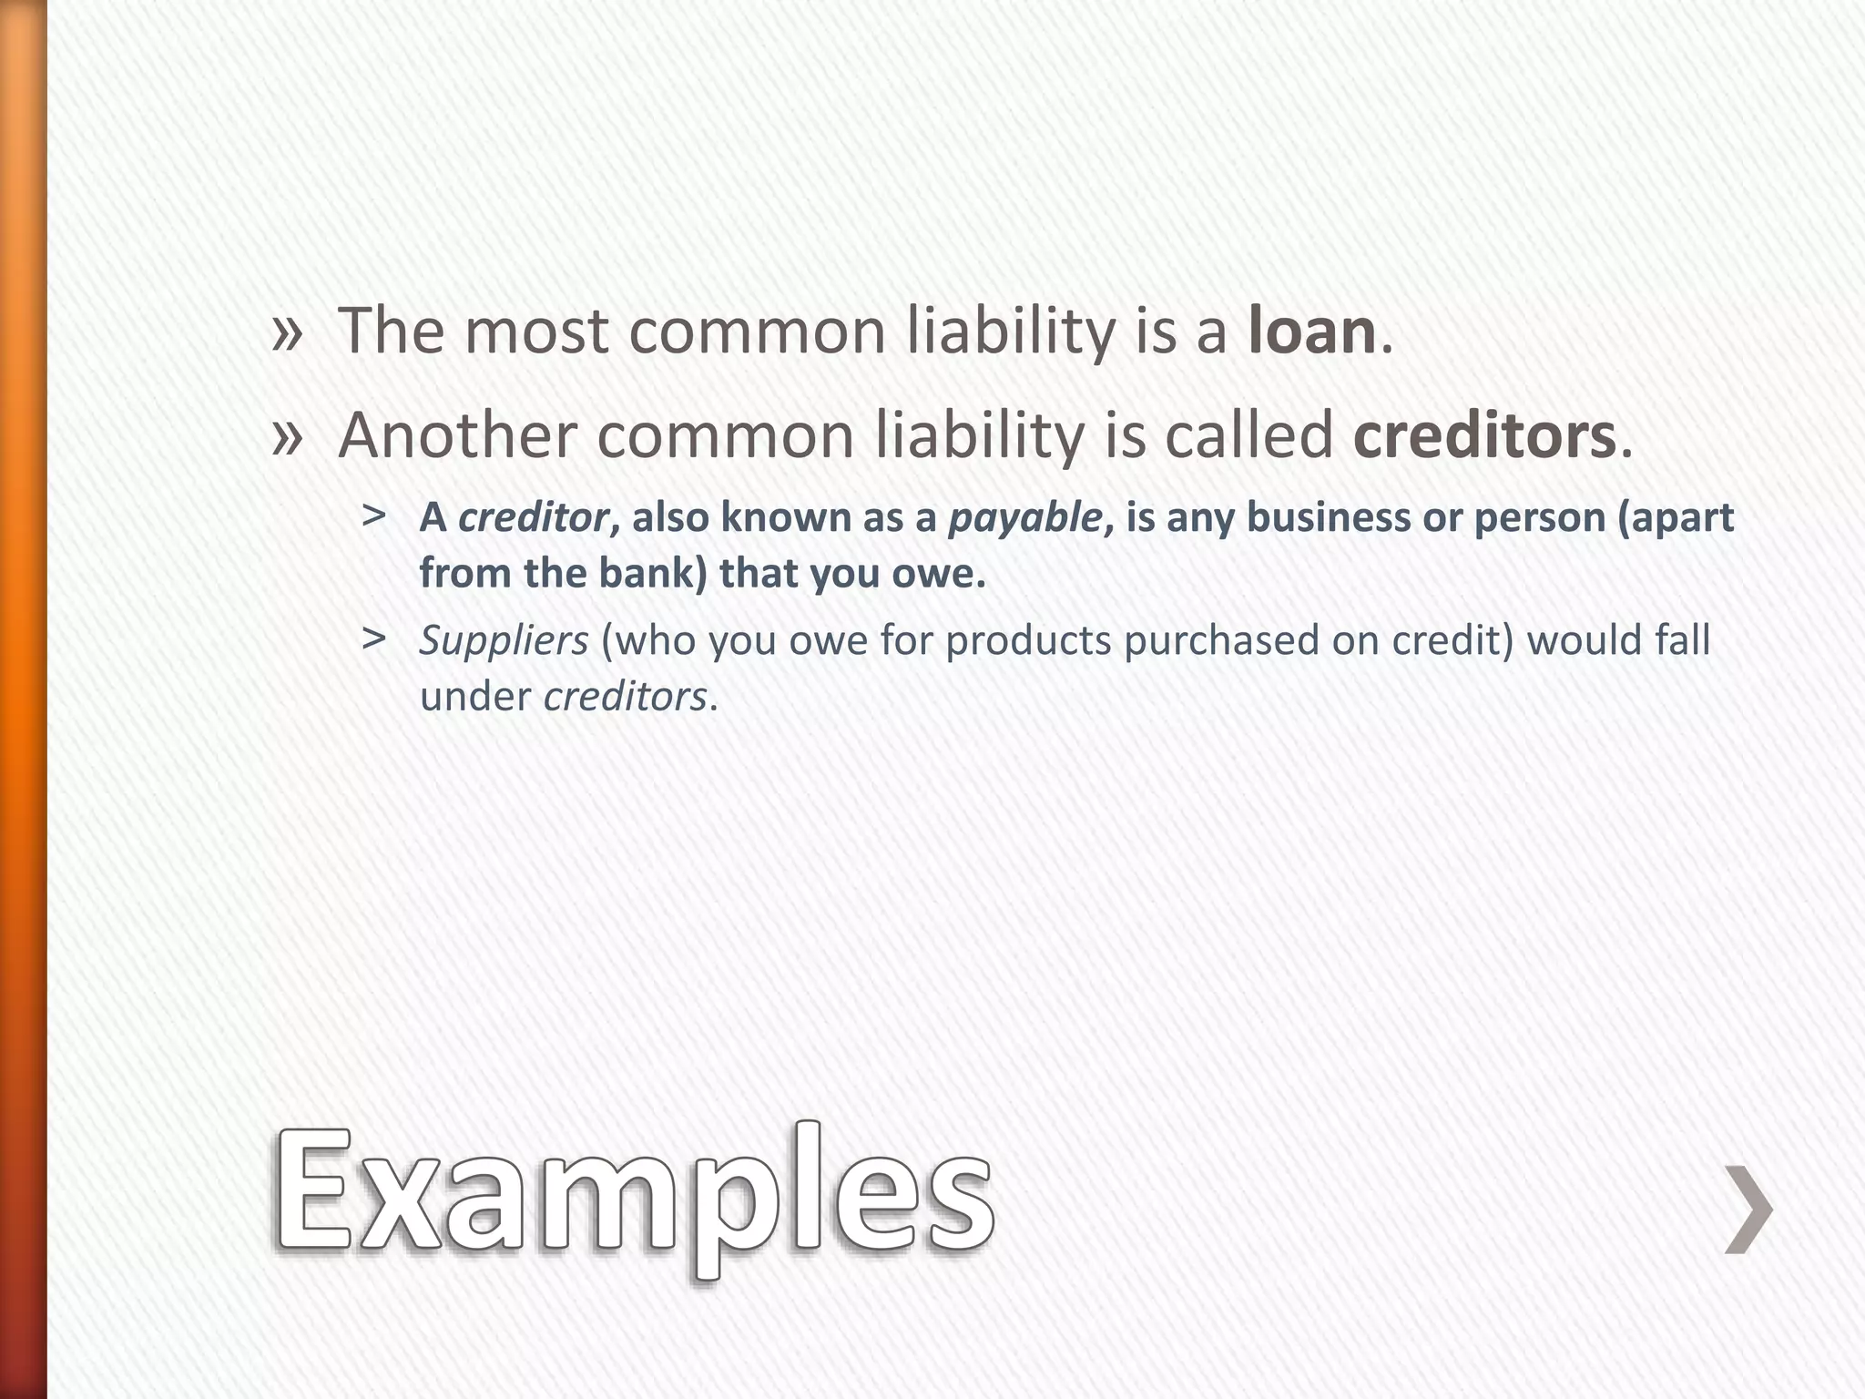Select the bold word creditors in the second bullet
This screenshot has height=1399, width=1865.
1483,436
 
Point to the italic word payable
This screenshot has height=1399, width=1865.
1025,518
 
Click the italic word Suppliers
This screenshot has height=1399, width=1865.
504,641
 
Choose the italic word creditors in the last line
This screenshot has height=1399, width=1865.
625,698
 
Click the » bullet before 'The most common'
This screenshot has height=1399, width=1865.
287,332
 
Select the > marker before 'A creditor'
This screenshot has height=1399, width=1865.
372,516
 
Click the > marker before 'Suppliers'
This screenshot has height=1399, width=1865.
372,639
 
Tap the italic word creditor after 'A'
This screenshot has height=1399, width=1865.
533,518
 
